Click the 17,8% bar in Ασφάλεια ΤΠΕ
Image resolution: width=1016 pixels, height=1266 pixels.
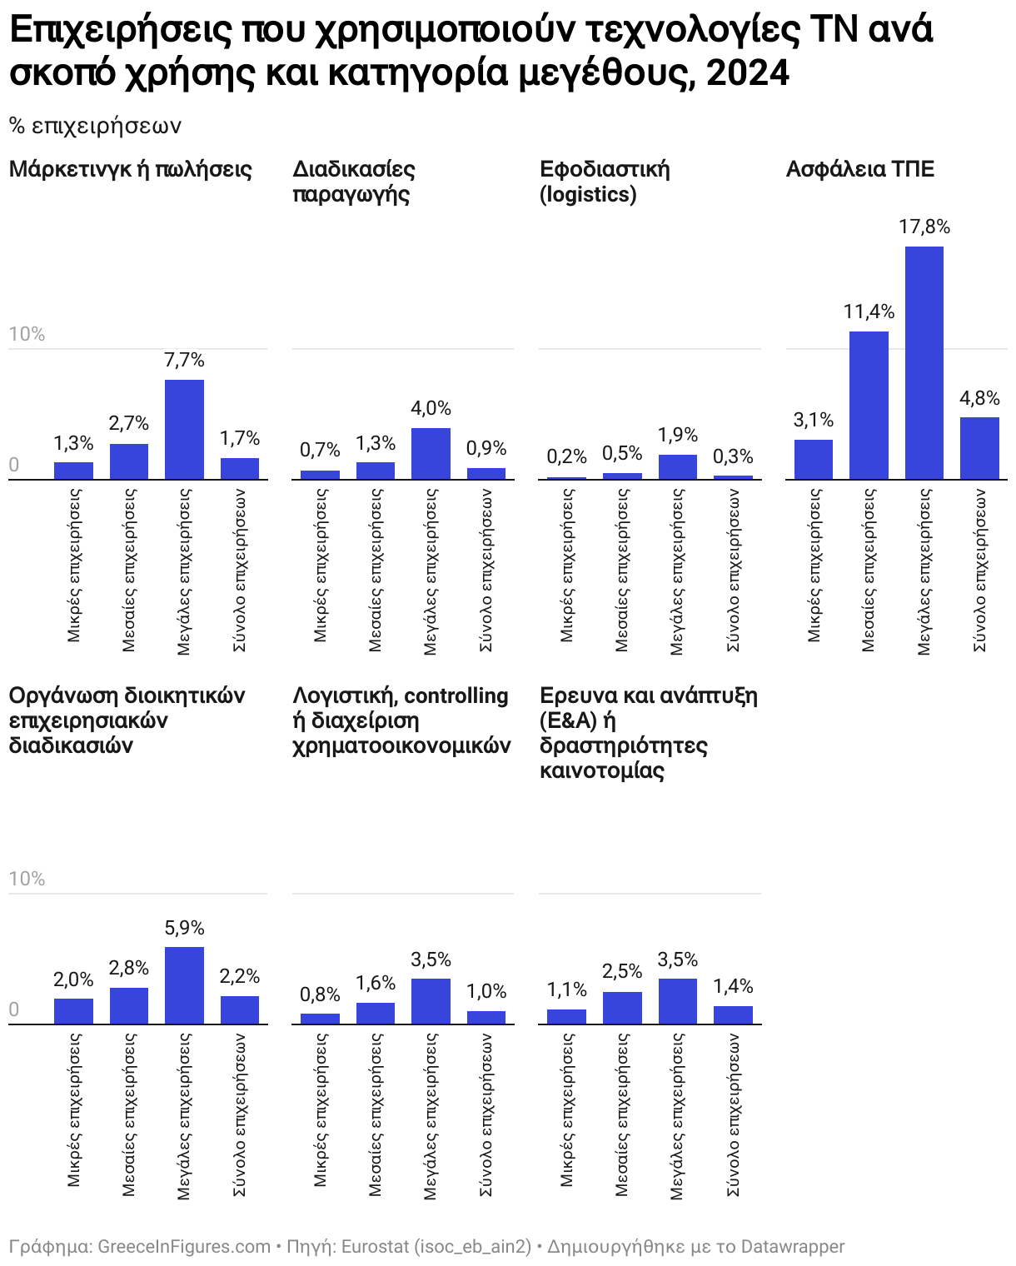coord(924,362)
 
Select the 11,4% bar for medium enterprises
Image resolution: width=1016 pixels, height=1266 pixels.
coord(869,405)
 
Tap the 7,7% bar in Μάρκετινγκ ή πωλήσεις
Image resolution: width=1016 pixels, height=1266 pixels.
coord(184,429)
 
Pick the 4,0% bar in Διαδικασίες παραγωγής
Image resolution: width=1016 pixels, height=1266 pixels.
coord(431,453)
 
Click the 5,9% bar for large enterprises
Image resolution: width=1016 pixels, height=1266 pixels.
coord(184,985)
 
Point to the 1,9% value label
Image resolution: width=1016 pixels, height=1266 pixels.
coord(677,435)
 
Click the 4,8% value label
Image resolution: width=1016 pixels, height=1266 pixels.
coord(979,398)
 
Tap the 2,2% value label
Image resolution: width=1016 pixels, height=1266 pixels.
coord(240,976)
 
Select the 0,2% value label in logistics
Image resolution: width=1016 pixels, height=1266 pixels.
coord(566,456)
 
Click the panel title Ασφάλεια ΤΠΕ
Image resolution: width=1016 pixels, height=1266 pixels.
coord(860,169)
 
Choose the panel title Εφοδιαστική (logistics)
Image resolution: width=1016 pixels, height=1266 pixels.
coord(604,182)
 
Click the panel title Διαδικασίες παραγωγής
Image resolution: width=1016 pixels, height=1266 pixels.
coord(354,182)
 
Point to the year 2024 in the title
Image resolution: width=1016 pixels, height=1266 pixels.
coord(747,72)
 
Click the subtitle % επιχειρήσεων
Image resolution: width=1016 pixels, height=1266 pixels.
coord(95,126)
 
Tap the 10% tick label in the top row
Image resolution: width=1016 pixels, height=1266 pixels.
coord(27,334)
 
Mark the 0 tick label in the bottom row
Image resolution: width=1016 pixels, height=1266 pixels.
coord(13,1009)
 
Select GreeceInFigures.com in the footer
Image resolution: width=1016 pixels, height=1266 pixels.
coord(184,1247)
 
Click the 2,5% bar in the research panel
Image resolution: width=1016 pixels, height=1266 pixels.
coord(622,1008)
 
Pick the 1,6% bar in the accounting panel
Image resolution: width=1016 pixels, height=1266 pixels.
coord(376,1013)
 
